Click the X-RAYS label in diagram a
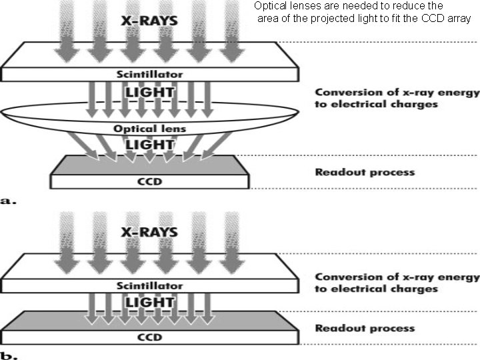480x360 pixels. pyautogui.click(x=149, y=21)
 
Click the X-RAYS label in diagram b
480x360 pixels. pyautogui.click(x=149, y=233)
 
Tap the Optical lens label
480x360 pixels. pyautogui.click(x=149, y=128)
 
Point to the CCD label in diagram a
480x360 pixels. pyautogui.click(x=149, y=181)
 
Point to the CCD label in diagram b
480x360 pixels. pyautogui.click(x=149, y=337)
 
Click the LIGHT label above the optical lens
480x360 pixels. pyautogui.click(x=149, y=92)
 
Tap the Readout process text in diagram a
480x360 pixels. pyautogui.click(x=364, y=173)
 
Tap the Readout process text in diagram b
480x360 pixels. pyautogui.click(x=364, y=329)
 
